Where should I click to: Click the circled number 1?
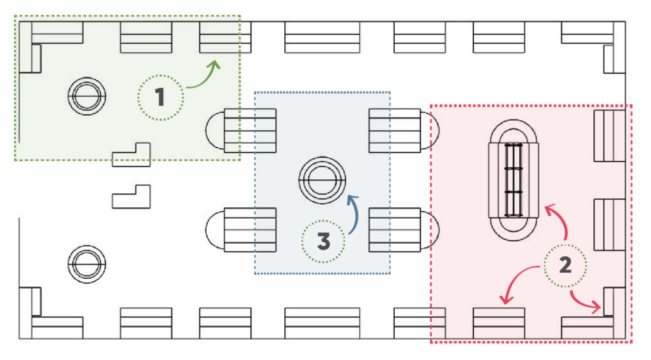pyautogui.click(x=161, y=97)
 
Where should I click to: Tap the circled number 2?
pyautogui.click(x=565, y=265)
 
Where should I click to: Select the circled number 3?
pyautogui.click(x=324, y=241)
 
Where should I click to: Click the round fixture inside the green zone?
pyautogui.click(x=86, y=95)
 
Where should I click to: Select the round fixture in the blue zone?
pyautogui.click(x=322, y=180)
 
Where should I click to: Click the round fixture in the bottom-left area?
pyautogui.click(x=86, y=264)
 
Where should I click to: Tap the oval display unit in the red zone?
pyautogui.click(x=514, y=181)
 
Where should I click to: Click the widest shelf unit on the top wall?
pyautogui.click(x=322, y=38)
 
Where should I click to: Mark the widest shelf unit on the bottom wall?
pyautogui.click(x=322, y=323)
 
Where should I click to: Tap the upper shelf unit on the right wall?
pyautogui.click(x=610, y=135)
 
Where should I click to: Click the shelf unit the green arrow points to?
pyautogui.click(x=225, y=38)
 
